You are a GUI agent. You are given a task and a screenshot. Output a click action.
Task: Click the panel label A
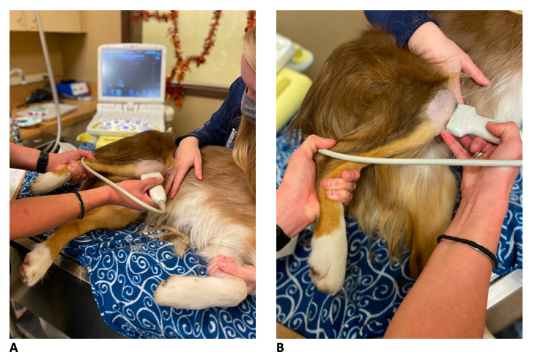14,348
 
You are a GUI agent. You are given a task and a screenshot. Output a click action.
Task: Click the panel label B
280,348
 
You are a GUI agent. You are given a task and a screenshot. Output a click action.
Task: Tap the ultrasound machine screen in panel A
132,73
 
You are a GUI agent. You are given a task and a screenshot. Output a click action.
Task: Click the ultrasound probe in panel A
155,189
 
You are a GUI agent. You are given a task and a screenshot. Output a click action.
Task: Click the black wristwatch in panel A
43,162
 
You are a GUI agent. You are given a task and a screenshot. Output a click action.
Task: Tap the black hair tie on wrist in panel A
80,205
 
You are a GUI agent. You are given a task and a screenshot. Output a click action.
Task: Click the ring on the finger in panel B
478,154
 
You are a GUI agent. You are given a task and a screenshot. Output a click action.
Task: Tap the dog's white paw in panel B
328,261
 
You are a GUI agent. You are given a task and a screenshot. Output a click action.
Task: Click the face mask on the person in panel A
248,105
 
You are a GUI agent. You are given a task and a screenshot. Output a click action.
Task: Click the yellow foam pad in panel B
292,99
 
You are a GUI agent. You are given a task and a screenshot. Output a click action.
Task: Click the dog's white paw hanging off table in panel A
34,265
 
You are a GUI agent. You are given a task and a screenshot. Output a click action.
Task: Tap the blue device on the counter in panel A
73,89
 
